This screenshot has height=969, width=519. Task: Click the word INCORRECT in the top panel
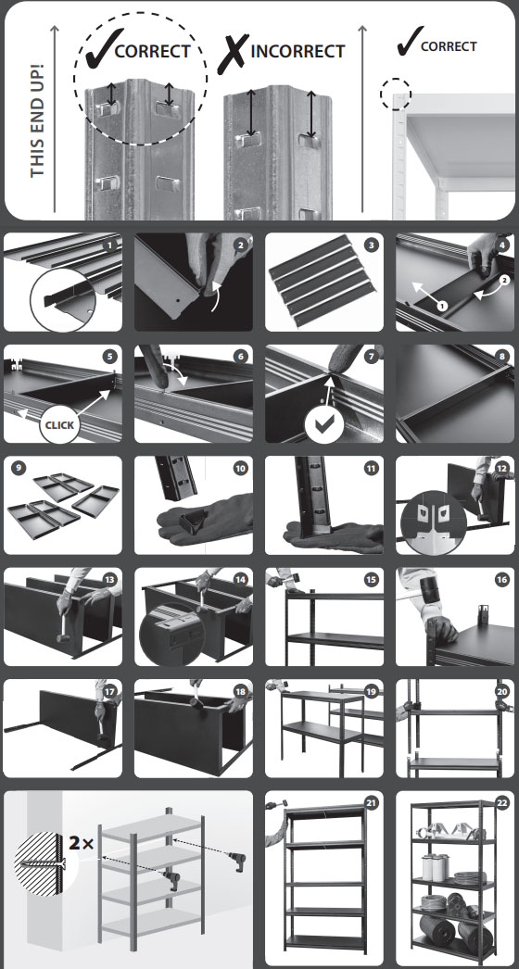pos(297,51)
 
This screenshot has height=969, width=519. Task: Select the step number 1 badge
pos(110,245)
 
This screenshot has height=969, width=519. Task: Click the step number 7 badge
pos(371,358)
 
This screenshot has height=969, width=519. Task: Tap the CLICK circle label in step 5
pos(60,424)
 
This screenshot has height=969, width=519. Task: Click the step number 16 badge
pos(501,580)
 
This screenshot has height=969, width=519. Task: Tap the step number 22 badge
pos(501,803)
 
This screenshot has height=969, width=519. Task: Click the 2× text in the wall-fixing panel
pos(82,842)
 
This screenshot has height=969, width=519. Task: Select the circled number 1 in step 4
pos(441,306)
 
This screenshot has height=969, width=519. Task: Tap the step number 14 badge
pos(241,580)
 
